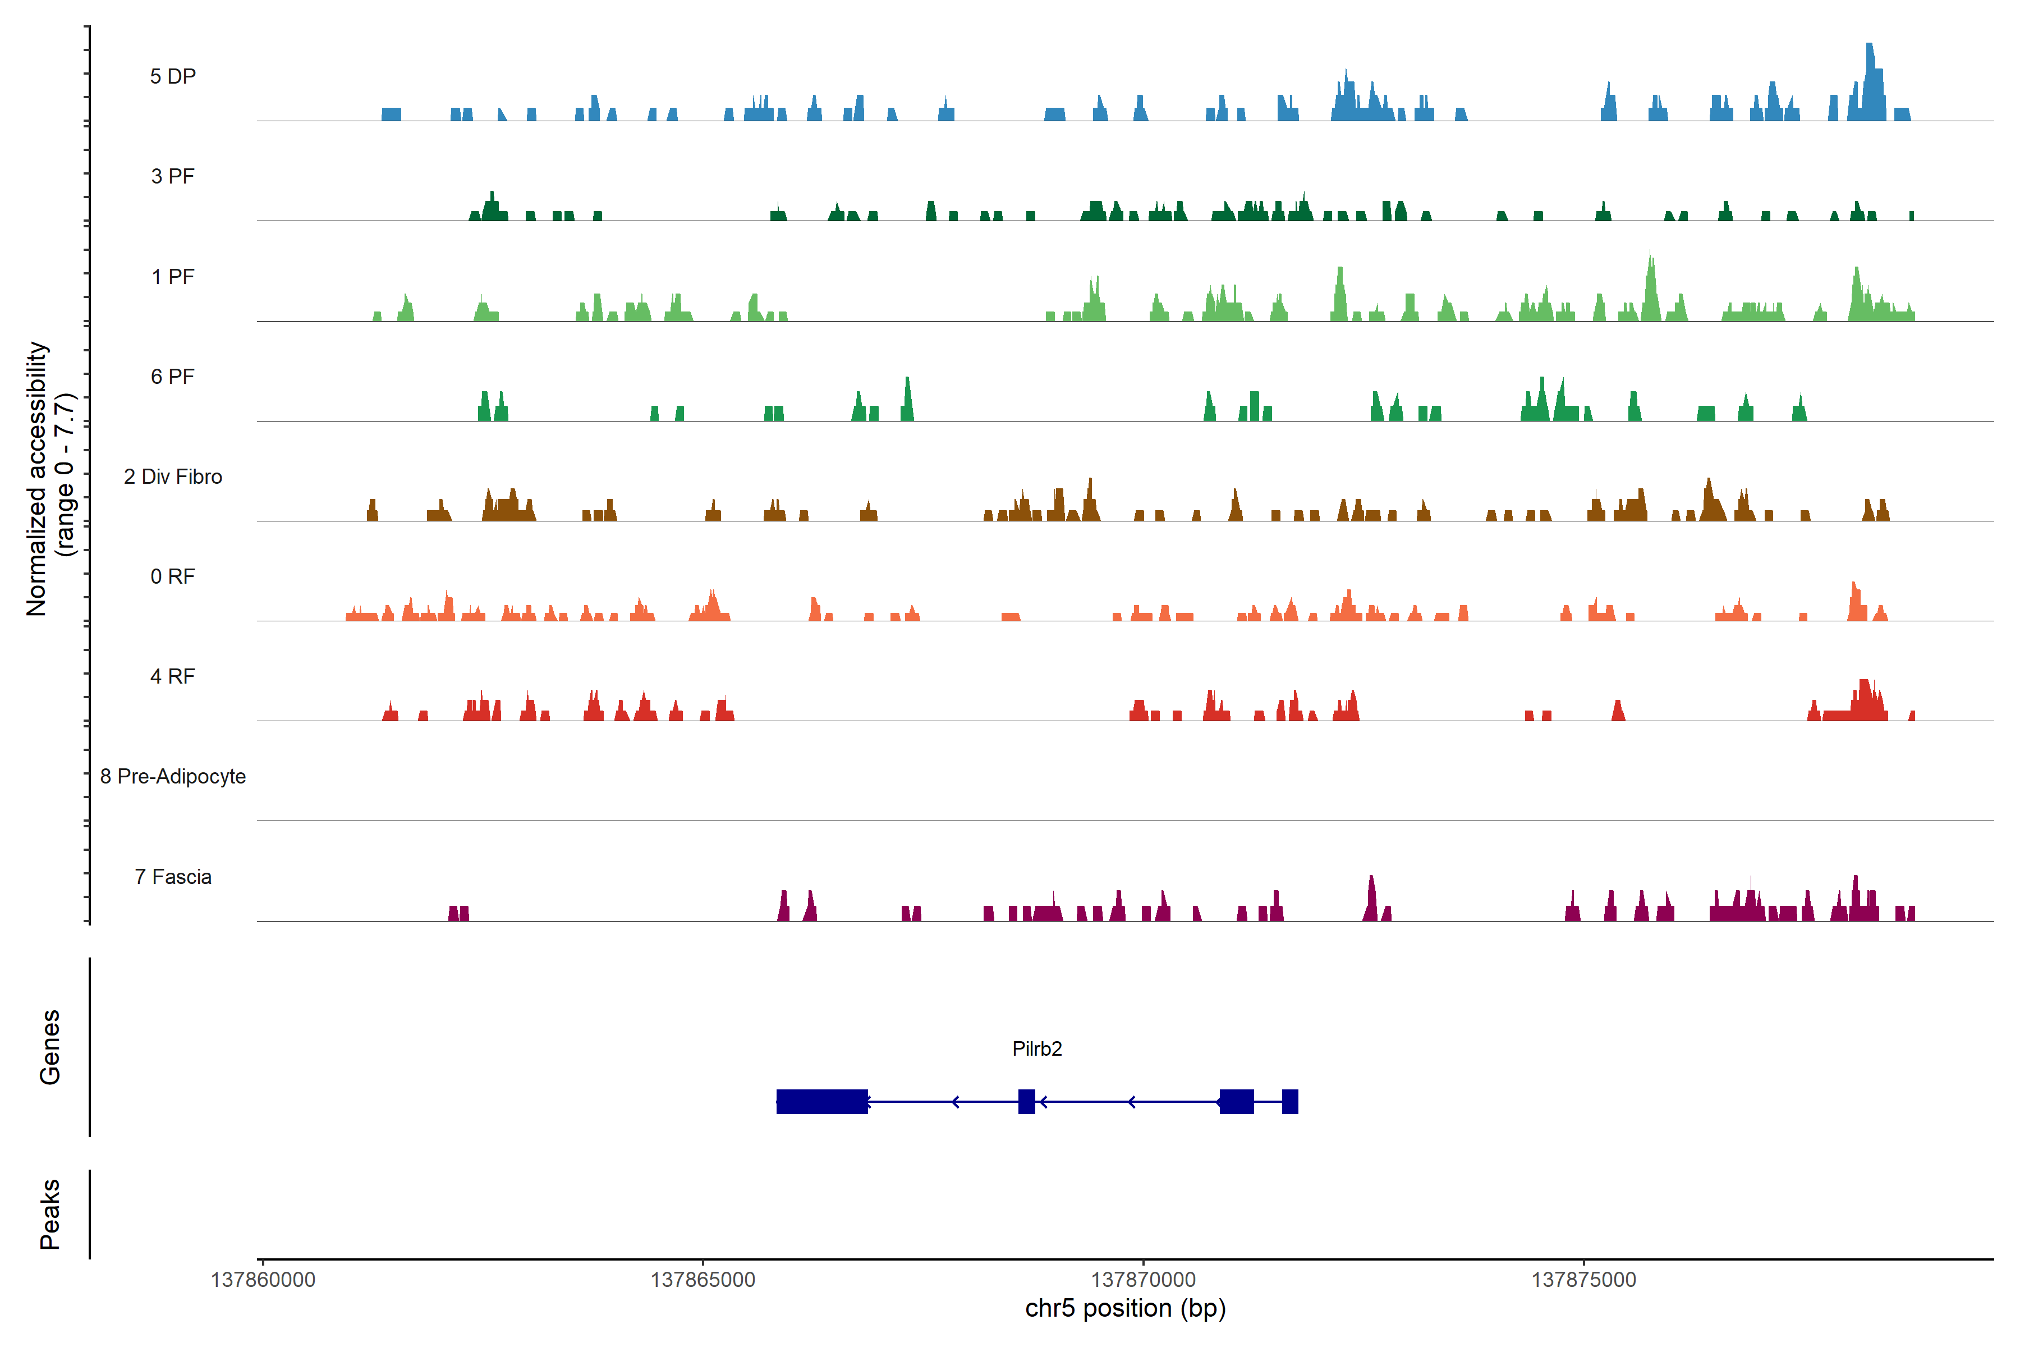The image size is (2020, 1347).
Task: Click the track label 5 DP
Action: coord(173,76)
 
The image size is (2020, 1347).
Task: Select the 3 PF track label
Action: coord(173,176)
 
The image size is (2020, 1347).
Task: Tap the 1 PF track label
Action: coord(173,277)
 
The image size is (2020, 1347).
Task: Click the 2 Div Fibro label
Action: coord(173,477)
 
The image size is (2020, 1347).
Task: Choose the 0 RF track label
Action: coord(173,576)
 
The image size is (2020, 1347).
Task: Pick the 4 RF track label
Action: coord(173,676)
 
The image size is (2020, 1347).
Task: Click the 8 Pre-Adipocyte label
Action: coord(173,777)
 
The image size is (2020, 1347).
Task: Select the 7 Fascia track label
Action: coord(173,876)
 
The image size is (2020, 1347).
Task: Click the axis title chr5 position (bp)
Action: coord(1125,1308)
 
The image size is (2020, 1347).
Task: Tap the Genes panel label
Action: coord(50,1047)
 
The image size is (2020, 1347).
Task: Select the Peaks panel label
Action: coord(50,1214)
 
